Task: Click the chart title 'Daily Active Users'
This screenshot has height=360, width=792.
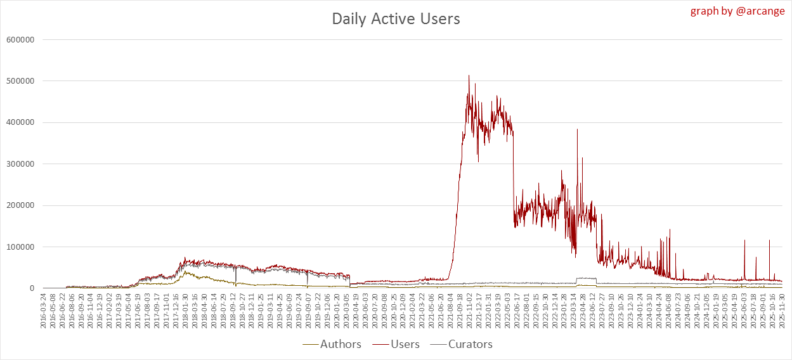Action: pos(396,19)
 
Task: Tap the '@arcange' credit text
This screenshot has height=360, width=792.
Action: pos(758,11)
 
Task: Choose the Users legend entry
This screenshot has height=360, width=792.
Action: pos(396,344)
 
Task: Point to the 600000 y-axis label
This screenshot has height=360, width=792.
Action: pos(20,39)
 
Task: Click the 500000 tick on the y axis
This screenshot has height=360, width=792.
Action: pos(20,81)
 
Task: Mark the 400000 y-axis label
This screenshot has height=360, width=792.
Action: pos(20,122)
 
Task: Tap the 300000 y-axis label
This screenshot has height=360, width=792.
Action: pos(20,164)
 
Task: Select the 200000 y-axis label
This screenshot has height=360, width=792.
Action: pos(20,205)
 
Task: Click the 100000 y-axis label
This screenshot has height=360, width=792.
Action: pos(20,247)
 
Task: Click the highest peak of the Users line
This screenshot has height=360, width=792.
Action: pos(469,75)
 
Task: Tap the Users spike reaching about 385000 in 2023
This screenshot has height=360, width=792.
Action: pos(577,129)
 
